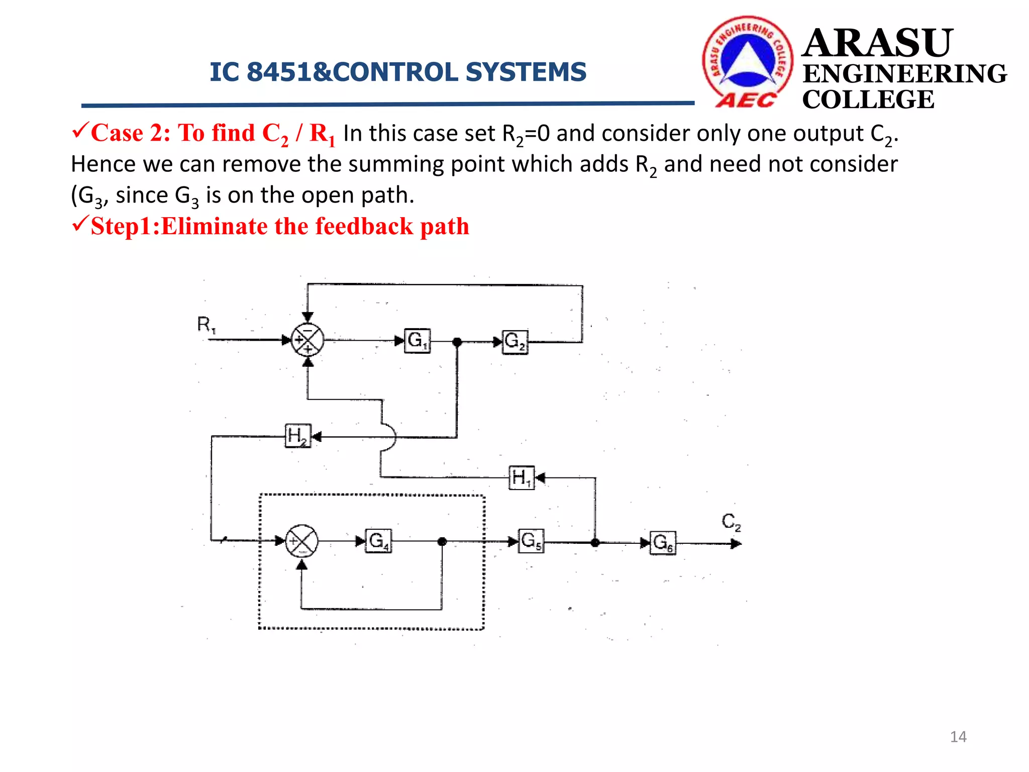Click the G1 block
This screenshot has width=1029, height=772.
click(417, 341)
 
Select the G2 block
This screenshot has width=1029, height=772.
click(515, 342)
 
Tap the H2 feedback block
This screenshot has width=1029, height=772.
click(298, 436)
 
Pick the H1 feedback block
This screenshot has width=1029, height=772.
click(522, 477)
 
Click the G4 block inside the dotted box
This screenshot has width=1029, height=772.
click(378, 541)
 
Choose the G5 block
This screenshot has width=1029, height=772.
click(531, 541)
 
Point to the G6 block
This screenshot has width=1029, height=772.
click(663, 543)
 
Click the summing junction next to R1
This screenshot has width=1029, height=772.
click(307, 340)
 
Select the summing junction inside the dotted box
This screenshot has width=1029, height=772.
click(301, 541)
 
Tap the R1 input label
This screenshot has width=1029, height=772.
click(206, 325)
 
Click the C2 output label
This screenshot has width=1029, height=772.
click(731, 522)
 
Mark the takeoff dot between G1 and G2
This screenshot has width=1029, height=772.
click(457, 342)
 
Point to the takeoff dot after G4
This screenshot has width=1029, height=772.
click(442, 541)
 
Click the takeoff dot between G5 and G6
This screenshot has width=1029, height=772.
click(595, 543)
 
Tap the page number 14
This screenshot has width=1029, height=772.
click(958, 737)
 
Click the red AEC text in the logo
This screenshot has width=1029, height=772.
click(746, 101)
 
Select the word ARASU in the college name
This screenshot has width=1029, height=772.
click(877, 43)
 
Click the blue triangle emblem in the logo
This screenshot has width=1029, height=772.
click(748, 63)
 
